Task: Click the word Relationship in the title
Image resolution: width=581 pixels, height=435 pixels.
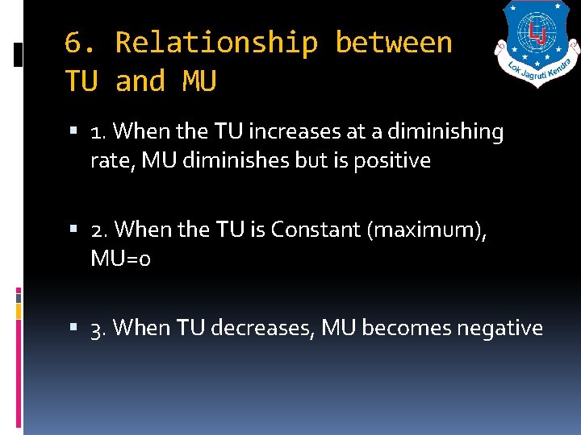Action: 216,43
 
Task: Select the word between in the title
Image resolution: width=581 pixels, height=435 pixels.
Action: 394,43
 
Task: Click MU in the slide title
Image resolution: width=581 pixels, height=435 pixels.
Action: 199,81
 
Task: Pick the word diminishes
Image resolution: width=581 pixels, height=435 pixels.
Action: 235,160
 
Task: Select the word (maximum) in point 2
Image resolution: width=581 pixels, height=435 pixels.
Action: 427,230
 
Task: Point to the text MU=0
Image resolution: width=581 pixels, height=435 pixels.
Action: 121,259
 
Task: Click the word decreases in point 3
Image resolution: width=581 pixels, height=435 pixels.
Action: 262,328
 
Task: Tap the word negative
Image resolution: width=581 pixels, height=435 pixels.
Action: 500,328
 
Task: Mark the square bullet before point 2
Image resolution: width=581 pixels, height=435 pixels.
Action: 75,230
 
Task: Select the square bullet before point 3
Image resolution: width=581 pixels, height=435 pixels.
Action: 75,329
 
